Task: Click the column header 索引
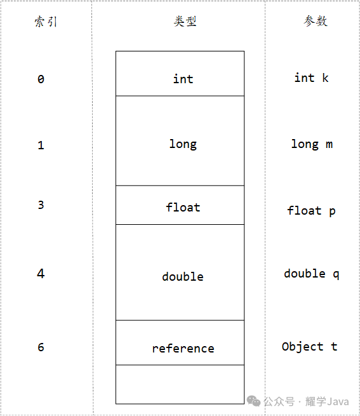pyautogui.click(x=46, y=22)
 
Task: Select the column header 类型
pyautogui.click(x=185, y=21)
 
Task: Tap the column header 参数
pyautogui.click(x=316, y=21)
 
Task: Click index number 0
pyautogui.click(x=41, y=79)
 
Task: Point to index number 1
pyautogui.click(x=41, y=145)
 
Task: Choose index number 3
pyautogui.click(x=41, y=205)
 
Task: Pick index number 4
pyautogui.click(x=41, y=274)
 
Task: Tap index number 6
pyautogui.click(x=41, y=347)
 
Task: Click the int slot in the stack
pyautogui.click(x=180, y=74)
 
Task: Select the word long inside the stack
pyautogui.click(x=183, y=144)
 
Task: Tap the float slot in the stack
pyautogui.click(x=180, y=205)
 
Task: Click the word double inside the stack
pyautogui.click(x=183, y=276)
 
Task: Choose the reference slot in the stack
pyautogui.click(x=180, y=342)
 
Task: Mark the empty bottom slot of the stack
pyautogui.click(x=180, y=384)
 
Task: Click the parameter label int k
pyautogui.click(x=312, y=77)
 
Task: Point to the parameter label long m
pyautogui.click(x=312, y=144)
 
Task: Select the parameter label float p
pyautogui.click(x=311, y=211)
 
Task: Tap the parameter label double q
pyautogui.click(x=312, y=274)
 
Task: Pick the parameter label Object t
pyautogui.click(x=309, y=347)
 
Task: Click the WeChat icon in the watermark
pyautogui.click(x=253, y=401)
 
